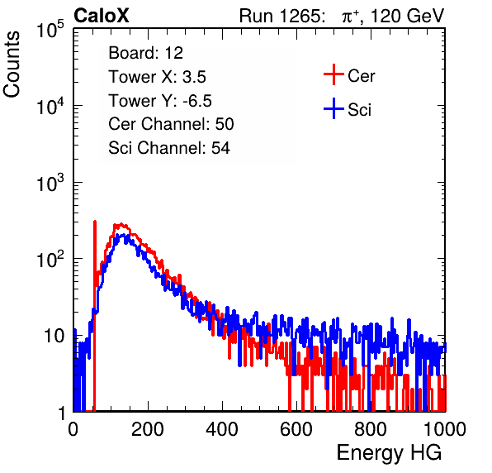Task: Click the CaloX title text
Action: click(x=102, y=16)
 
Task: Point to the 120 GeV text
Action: click(x=407, y=16)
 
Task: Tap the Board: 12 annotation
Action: click(x=145, y=53)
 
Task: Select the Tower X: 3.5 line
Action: click(x=157, y=77)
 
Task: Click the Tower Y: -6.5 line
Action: click(x=160, y=101)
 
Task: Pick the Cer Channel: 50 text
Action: click(x=171, y=124)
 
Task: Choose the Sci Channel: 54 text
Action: click(x=169, y=148)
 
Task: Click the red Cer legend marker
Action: click(x=334, y=74)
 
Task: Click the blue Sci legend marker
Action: click(x=334, y=108)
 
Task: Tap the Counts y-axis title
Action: click(x=12, y=64)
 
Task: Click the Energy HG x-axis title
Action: click(x=389, y=453)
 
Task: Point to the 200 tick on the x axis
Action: click(x=148, y=429)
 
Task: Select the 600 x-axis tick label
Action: click(x=296, y=429)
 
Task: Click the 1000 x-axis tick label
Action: click(x=445, y=429)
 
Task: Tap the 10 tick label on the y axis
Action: click(x=54, y=337)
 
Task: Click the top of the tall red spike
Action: click(x=95, y=222)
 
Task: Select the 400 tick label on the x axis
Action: click(x=222, y=429)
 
